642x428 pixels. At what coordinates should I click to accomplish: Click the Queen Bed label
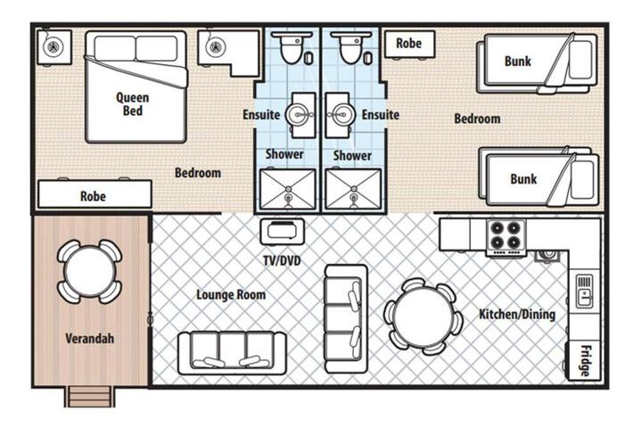pyautogui.click(x=132, y=104)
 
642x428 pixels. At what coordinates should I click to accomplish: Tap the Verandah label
pyautogui.click(x=90, y=338)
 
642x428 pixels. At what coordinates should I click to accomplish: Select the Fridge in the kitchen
pyautogui.click(x=583, y=360)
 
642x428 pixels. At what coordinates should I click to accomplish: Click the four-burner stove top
pyautogui.click(x=506, y=236)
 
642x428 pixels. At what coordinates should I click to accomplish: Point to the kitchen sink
pyautogui.click(x=585, y=292)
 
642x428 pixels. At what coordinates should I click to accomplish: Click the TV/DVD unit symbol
pyautogui.click(x=283, y=232)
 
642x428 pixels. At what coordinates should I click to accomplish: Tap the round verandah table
pyautogui.click(x=90, y=272)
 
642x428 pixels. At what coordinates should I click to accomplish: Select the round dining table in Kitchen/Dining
pyautogui.click(x=424, y=317)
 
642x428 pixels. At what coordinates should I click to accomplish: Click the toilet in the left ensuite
pyautogui.click(x=292, y=46)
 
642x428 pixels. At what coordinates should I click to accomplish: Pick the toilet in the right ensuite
pyautogui.click(x=351, y=46)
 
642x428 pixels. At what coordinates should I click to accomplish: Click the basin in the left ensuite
pyautogui.click(x=300, y=115)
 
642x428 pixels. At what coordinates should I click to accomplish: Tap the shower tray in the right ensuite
pyautogui.click(x=353, y=189)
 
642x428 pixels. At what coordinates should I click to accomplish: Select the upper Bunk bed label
pyautogui.click(x=517, y=61)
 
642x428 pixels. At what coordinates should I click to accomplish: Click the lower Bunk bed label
pyautogui.click(x=523, y=178)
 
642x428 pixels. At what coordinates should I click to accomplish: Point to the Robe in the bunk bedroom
pyautogui.click(x=409, y=44)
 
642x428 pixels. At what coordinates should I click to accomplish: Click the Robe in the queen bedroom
pyautogui.click(x=95, y=194)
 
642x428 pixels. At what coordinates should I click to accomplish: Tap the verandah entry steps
pyautogui.click(x=90, y=397)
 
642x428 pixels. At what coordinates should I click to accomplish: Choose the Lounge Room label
pyautogui.click(x=231, y=294)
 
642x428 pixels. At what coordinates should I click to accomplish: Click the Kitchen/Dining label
pyautogui.click(x=517, y=314)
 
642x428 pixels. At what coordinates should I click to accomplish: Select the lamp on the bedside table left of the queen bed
pyautogui.click(x=53, y=47)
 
